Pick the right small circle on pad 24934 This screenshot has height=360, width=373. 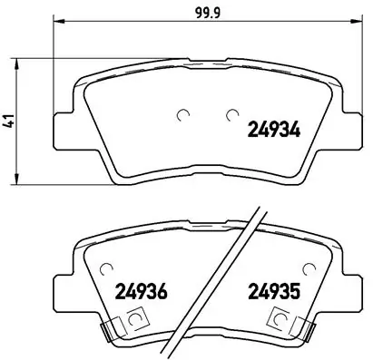click(x=232, y=114)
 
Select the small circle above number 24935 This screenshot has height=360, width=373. click(x=311, y=268)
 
